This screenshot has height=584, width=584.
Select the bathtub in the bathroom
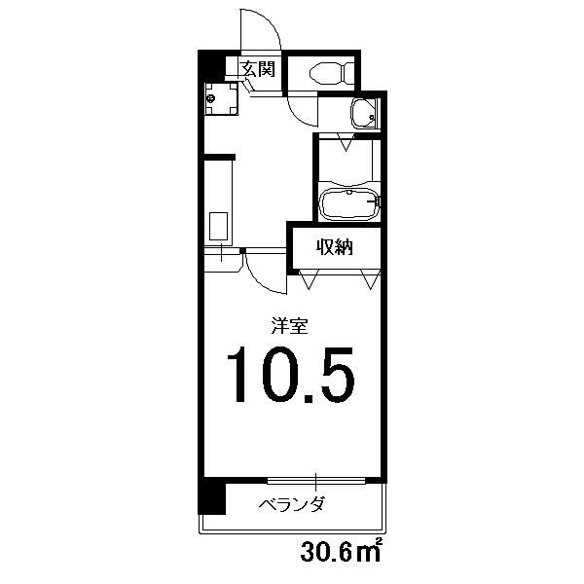coord(349,204)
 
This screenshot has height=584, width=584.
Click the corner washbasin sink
coord(364,114)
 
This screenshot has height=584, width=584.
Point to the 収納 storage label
coord(335,246)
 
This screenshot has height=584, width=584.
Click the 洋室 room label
coord(289,325)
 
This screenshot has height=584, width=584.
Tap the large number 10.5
coord(291,375)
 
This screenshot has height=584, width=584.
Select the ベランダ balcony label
coord(291,504)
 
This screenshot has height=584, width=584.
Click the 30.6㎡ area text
coord(342,551)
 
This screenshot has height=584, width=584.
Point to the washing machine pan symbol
coord(222,98)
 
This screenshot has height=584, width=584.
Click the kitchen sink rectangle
coord(218,226)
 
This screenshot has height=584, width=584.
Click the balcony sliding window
coord(316,481)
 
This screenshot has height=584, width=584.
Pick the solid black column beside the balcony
coord(211,498)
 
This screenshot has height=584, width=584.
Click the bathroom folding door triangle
coord(346,142)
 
